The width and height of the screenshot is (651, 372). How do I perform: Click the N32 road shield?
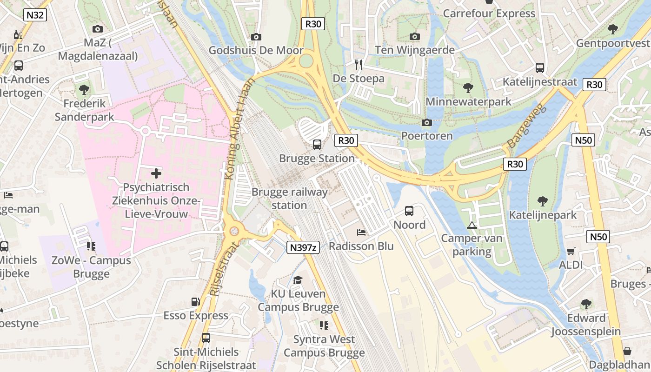pos(35,15)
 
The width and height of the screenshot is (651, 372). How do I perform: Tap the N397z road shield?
pos(302,247)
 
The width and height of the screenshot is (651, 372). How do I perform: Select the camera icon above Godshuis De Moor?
pos(256,37)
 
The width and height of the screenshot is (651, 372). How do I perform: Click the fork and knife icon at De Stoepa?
pos(358,64)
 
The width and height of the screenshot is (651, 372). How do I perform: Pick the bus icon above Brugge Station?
pos(317,144)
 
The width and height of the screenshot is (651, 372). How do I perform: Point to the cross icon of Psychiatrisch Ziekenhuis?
pos(156,173)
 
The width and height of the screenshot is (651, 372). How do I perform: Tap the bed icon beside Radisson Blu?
pos(361,232)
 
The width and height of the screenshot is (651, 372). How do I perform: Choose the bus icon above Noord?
pos(409,211)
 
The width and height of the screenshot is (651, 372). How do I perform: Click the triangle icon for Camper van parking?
pos(472,226)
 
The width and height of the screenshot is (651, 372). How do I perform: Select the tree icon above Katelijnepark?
pos(542,201)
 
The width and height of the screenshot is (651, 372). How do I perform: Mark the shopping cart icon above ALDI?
pos(571,251)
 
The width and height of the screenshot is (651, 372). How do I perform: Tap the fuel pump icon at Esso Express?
pos(195,302)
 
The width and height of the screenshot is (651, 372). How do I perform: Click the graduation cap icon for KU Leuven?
pos(298,279)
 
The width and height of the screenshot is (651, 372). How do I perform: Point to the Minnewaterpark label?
pos(468,101)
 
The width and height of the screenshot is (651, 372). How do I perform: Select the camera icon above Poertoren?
pos(426,122)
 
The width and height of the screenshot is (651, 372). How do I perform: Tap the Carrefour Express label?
pos(489,13)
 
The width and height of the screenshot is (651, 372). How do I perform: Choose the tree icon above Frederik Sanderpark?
pos(84,89)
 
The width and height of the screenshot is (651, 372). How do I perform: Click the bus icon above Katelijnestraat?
pos(540,68)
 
